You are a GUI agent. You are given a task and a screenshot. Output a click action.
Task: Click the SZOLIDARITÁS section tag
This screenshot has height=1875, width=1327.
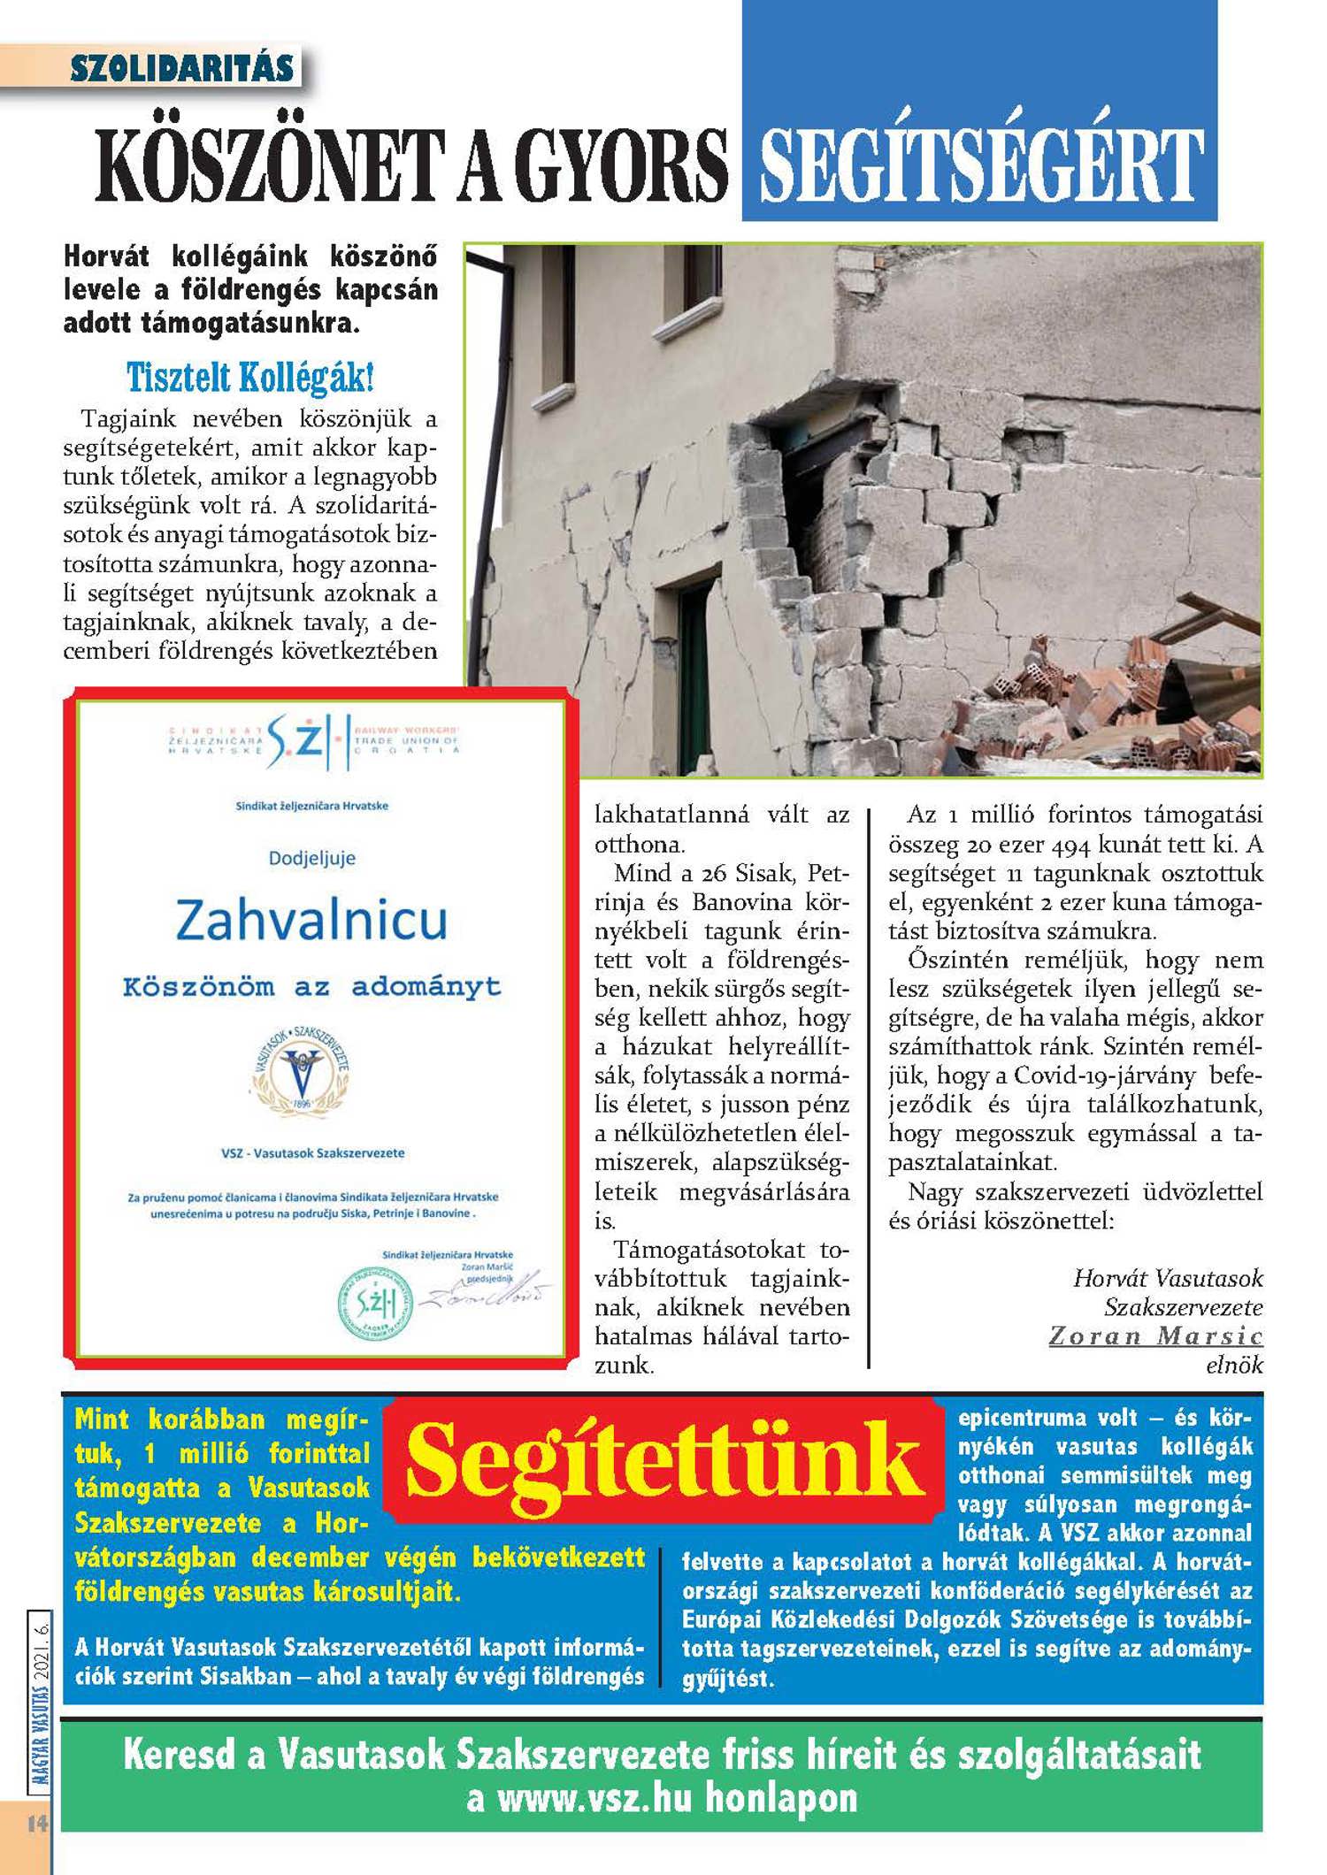(181, 68)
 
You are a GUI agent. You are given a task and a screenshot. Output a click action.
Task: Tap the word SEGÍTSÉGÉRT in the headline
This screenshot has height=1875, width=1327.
(980, 165)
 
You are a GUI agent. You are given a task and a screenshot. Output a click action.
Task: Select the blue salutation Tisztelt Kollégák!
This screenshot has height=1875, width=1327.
(250, 378)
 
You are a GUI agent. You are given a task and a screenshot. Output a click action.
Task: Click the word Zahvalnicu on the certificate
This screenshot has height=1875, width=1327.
(311, 920)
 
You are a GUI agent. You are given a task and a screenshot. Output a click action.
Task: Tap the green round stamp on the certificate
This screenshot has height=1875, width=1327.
(376, 1303)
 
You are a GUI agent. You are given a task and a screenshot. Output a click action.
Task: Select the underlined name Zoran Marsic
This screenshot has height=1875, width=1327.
(1155, 1335)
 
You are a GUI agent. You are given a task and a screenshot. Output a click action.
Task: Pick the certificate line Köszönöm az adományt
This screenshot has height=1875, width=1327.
(311, 987)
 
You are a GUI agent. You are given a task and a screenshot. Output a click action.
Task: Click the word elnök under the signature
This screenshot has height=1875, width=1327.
(1234, 1365)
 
